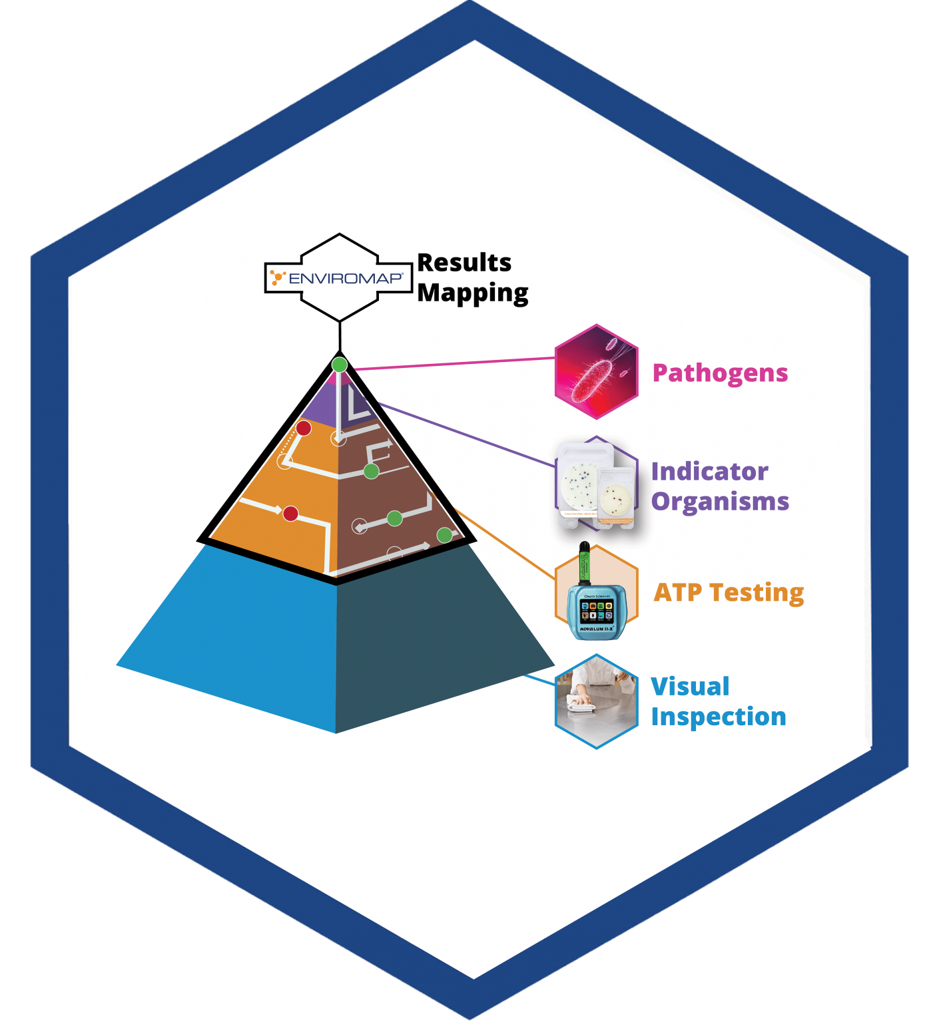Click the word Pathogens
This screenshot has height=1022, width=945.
coord(720,373)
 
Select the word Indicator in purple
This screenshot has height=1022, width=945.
coord(709,472)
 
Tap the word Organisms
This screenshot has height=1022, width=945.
coord(720,502)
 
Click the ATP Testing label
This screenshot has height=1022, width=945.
coord(729,592)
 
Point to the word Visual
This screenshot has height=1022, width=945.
coord(690,687)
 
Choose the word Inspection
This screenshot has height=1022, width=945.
coord(719,717)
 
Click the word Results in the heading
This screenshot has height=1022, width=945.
coord(464,263)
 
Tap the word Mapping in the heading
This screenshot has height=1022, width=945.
coord(473,293)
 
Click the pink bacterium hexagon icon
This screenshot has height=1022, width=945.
coord(596,372)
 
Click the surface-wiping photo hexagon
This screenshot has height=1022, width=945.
coord(596,701)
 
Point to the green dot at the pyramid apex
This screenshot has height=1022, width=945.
coord(340,365)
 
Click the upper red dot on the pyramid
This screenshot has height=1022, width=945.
coord(304,428)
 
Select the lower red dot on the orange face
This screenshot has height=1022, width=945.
coord(290,514)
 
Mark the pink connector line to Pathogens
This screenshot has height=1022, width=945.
coord(453,363)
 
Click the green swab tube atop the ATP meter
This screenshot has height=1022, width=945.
coord(585,563)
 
